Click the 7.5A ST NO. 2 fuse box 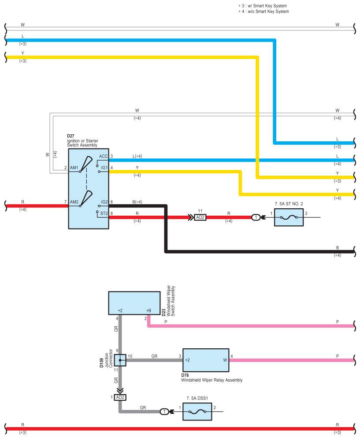289,218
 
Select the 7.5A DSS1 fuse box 197,412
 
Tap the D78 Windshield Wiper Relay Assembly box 206,360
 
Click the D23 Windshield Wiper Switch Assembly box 134,303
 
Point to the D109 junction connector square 120,360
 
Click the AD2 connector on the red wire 200,218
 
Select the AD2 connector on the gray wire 120,397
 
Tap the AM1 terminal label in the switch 74,168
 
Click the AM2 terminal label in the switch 74,202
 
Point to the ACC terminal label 103,156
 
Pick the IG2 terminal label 104,202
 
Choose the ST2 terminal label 104,213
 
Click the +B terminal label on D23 149,310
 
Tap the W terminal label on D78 225,360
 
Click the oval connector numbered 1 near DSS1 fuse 164,412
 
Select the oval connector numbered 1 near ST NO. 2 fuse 255,218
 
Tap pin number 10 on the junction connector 130,356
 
